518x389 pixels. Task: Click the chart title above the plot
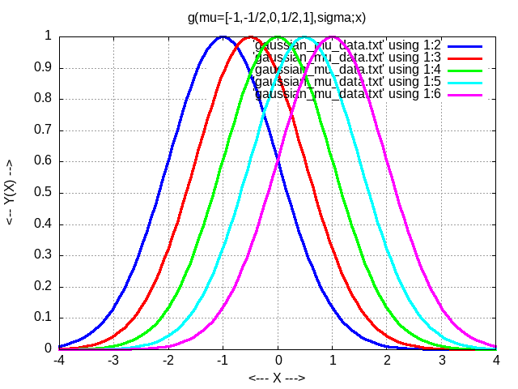[276, 16]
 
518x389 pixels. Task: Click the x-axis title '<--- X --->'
[278, 377]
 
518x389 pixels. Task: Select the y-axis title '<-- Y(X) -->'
[11, 192]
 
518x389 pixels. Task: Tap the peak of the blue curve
[223, 36]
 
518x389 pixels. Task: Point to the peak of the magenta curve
[333, 36]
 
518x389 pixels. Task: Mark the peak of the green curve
[278, 36]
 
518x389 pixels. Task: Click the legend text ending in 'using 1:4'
[346, 70]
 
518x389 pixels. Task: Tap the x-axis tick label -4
[58, 360]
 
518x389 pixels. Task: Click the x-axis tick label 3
[442, 360]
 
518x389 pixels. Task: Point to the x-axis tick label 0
[278, 360]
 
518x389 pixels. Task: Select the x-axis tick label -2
[168, 360]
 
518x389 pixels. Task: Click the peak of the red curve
[250, 36]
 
